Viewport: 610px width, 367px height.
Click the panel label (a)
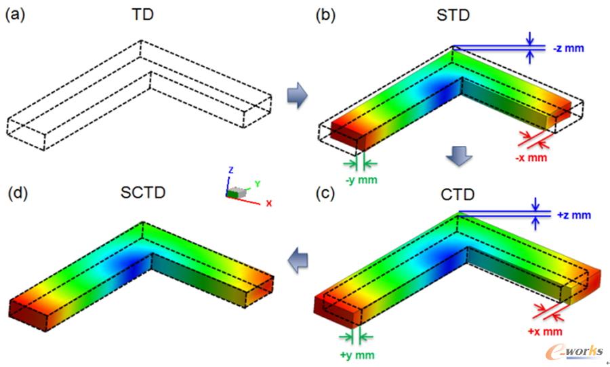pos(14,15)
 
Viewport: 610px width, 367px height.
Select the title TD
pos(143,14)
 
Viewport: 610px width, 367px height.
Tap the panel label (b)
pos(325,15)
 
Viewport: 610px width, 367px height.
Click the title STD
pos(453,15)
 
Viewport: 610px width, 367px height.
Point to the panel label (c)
pos(325,193)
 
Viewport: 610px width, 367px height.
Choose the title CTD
pos(457,194)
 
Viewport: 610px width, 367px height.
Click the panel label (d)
pos(18,193)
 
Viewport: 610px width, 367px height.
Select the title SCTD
pos(143,193)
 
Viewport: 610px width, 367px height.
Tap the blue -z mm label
pos(569,48)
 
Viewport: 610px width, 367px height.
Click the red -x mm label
pos(531,157)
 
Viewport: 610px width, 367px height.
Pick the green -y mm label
pos(361,180)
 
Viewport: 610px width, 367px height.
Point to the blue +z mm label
pos(574,215)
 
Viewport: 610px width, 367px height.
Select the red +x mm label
pos(545,332)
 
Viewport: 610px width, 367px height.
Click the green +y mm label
pos(357,355)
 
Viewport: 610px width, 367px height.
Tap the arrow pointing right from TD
pos(298,95)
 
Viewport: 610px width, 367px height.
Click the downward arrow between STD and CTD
pos(459,155)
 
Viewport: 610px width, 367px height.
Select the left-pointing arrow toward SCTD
pos(298,260)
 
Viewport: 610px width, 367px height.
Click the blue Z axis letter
pos(230,170)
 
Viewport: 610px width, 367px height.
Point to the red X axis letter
pos(269,203)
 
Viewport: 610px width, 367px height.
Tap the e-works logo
pos(575,352)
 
